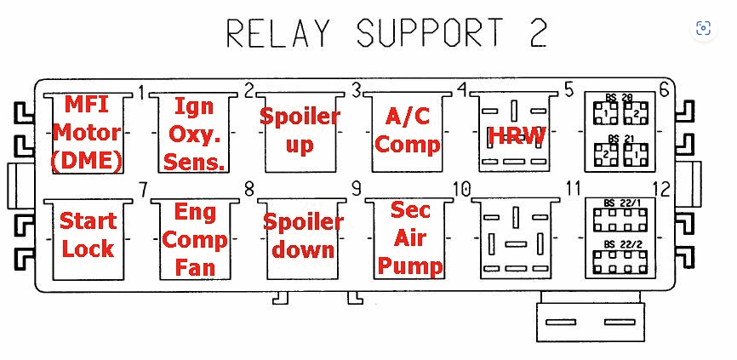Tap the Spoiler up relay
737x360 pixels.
click(300, 130)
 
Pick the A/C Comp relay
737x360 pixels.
click(408, 130)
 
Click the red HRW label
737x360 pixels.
click(516, 134)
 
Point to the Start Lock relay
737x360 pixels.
click(87, 235)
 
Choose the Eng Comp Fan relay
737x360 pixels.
click(195, 239)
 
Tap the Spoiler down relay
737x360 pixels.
click(302, 236)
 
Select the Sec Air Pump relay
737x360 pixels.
click(409, 238)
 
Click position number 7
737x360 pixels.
click(142, 189)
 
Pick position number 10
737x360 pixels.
click(462, 189)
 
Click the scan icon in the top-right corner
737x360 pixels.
click(702, 28)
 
